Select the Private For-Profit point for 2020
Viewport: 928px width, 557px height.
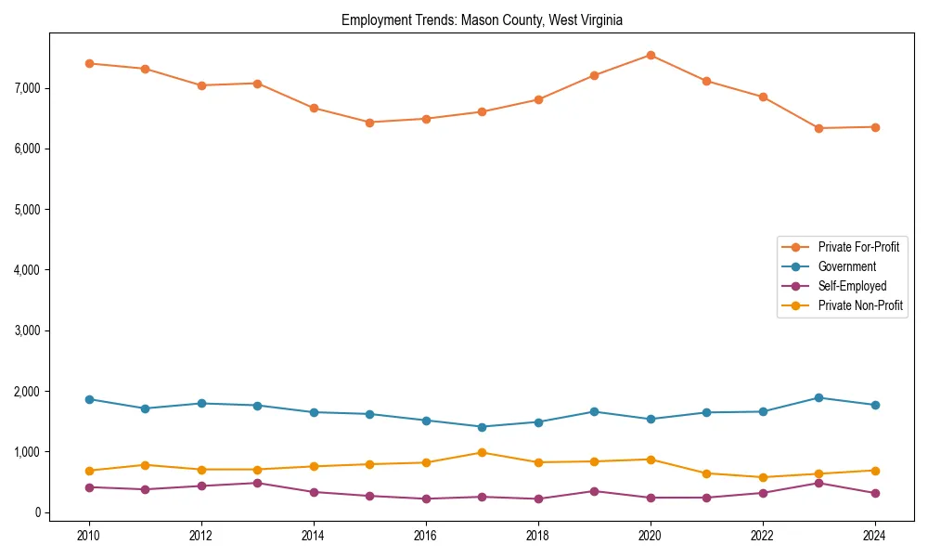[651, 55]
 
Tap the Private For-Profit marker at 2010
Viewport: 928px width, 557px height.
[89, 63]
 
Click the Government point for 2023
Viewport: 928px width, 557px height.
[818, 397]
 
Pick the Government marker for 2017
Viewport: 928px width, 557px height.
[482, 427]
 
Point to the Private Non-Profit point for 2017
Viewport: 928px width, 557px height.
[482, 453]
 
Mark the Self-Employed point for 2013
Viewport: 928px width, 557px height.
[257, 483]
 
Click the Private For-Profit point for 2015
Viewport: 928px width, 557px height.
[369, 122]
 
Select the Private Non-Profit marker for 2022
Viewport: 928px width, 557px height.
[763, 477]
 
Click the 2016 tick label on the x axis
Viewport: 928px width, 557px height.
[426, 536]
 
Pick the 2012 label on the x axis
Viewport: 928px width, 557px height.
[201, 536]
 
